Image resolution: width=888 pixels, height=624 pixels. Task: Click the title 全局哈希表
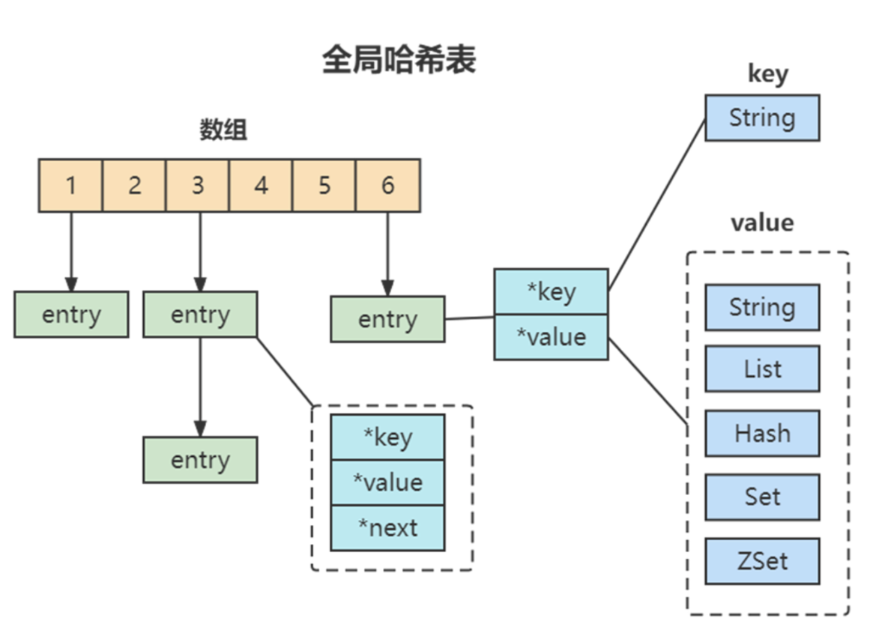(399, 60)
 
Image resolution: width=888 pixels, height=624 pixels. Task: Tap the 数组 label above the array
(223, 130)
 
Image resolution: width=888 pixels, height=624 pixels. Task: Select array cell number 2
(134, 185)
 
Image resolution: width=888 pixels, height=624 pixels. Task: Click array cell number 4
(261, 185)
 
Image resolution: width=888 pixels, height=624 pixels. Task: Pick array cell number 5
(324, 185)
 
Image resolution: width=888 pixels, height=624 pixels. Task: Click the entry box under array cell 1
(71, 315)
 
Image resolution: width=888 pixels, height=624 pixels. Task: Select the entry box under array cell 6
(387, 319)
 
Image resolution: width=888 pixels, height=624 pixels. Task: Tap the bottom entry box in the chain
(200, 460)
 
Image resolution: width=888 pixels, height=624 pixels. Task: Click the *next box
(387, 528)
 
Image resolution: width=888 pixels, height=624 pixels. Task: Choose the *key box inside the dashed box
(387, 437)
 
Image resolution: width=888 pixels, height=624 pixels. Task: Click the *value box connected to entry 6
(551, 337)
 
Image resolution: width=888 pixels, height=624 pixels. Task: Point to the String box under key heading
(762, 118)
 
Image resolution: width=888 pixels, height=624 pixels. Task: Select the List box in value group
(762, 369)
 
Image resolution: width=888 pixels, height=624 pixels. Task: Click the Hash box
(762, 433)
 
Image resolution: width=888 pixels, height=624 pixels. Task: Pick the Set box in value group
(762, 497)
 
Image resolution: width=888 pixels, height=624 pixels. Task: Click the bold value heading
(761, 223)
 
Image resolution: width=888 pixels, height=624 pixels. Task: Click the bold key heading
(767, 74)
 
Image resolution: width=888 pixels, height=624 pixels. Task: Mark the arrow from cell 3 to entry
(200, 251)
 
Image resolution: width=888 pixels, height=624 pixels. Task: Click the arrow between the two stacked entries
(200, 386)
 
